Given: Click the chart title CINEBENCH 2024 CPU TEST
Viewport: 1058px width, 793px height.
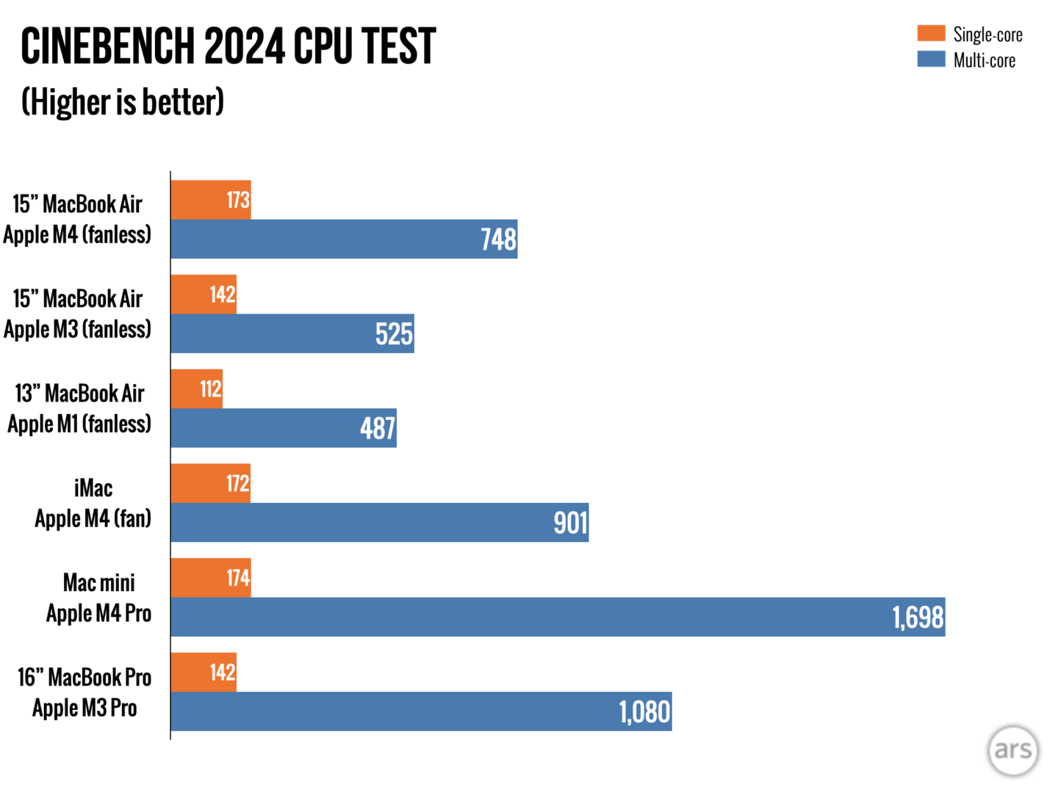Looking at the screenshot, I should (228, 46).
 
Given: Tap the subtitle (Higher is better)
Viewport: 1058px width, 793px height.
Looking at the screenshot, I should (123, 102).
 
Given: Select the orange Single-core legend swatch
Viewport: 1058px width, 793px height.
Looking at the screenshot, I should (931, 33).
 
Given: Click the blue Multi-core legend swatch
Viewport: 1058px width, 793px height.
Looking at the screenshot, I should (931, 59).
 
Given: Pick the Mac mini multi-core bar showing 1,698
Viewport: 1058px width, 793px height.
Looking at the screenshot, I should (558, 617).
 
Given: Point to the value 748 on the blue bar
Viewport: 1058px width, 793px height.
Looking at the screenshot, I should (499, 239).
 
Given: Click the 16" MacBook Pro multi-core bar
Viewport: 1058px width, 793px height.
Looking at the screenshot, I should (421, 711).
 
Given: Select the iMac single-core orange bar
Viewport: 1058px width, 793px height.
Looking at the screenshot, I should (211, 483).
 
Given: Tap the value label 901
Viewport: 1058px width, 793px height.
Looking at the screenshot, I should (570, 523).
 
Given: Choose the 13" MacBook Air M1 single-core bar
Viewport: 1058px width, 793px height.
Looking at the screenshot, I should (197, 389).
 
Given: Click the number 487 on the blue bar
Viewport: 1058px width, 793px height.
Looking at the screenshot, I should (378, 428).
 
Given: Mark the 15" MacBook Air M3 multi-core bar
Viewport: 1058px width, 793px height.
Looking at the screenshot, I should (292, 334).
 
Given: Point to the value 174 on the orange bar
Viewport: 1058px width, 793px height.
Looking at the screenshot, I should (238, 578).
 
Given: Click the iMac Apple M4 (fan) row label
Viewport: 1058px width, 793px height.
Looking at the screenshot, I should (93, 504).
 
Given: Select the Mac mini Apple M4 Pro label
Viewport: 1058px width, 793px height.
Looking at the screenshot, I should (98, 598).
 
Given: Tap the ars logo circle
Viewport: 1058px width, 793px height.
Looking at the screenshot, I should (1013, 750).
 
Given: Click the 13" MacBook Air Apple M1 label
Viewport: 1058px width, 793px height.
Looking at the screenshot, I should (79, 409).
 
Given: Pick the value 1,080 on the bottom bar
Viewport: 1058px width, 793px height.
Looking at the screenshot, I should (644, 712).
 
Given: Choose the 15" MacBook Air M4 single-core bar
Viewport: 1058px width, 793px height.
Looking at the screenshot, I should (211, 200).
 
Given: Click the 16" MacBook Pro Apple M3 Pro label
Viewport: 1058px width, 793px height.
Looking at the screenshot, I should (84, 692).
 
